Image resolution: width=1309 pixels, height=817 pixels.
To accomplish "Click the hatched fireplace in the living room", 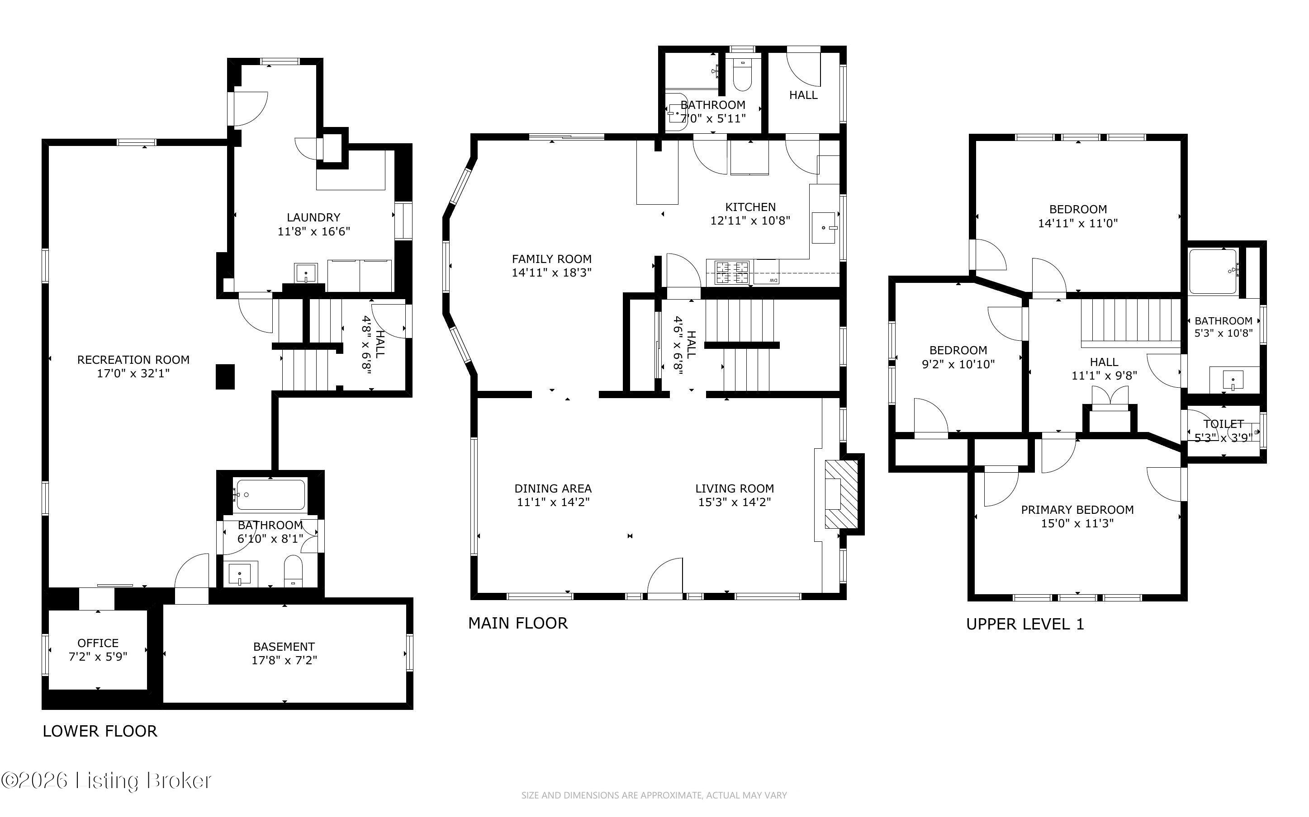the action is click(x=841, y=494).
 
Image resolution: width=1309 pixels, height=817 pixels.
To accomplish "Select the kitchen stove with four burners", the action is click(x=733, y=272).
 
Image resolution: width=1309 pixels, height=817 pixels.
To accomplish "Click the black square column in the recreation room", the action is click(x=225, y=376).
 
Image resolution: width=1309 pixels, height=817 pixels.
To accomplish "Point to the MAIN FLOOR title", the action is click(x=518, y=623).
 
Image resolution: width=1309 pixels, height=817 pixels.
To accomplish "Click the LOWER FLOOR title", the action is click(x=100, y=731).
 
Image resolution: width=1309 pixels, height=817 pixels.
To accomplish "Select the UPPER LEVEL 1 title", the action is click(x=1025, y=624).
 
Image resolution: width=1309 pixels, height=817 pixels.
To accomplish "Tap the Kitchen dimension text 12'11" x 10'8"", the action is click(x=750, y=221).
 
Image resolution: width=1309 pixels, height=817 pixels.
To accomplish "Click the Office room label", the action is click(x=98, y=643).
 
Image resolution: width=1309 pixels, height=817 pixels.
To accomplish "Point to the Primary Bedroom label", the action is click(x=1077, y=510).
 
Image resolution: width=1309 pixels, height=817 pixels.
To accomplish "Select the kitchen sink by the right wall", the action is click(x=824, y=227).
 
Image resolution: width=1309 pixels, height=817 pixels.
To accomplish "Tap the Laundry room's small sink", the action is click(x=306, y=273).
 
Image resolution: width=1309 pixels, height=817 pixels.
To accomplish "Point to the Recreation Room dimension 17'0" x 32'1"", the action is click(x=133, y=373).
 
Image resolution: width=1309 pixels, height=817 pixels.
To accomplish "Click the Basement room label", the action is click(x=284, y=647).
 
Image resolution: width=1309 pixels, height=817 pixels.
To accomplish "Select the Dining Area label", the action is click(x=553, y=488).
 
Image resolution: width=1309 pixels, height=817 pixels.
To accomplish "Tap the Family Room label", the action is click(x=552, y=259).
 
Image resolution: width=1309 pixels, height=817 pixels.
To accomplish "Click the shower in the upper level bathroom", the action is click(x=1213, y=271).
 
